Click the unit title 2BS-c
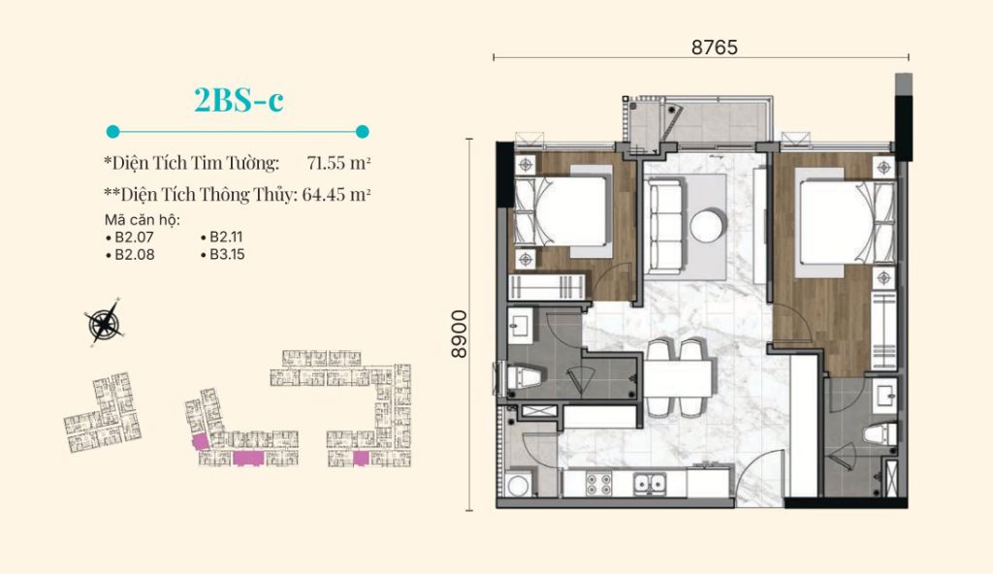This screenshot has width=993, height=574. [239, 100]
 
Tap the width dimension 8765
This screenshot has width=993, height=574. [715, 48]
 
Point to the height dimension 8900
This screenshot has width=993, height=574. [459, 334]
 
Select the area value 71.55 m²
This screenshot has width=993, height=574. [338, 163]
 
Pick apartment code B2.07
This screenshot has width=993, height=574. [131, 238]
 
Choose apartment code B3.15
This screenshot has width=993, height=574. [223, 255]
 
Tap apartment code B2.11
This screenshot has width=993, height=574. [222, 237]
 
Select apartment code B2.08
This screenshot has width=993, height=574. [131, 255]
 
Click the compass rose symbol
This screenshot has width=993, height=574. [105, 323]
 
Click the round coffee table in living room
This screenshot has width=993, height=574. [706, 225]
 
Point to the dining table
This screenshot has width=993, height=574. [679, 379]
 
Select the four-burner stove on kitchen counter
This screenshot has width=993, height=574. [598, 484]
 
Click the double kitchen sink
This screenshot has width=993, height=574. [651, 484]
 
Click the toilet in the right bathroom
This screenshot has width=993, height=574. [881, 434]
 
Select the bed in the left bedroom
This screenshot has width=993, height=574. [562, 211]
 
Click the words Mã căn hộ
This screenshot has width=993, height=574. [143, 220]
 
